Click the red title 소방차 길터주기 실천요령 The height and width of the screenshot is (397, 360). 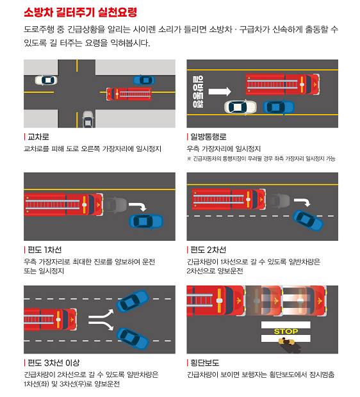[79, 13]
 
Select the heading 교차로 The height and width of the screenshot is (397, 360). [38, 137]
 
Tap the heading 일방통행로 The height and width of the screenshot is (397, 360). [209, 137]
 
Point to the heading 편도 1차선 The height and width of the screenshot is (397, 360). [44, 250]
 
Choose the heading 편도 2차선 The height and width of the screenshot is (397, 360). [209, 250]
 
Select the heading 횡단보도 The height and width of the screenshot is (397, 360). [205, 363]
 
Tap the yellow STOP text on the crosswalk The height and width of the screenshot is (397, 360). [286, 331]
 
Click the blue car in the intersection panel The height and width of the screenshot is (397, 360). [143, 80]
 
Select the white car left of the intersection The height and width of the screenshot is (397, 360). [45, 80]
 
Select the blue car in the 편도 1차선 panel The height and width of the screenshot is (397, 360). [146, 221]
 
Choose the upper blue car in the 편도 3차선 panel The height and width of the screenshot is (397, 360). [132, 301]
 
